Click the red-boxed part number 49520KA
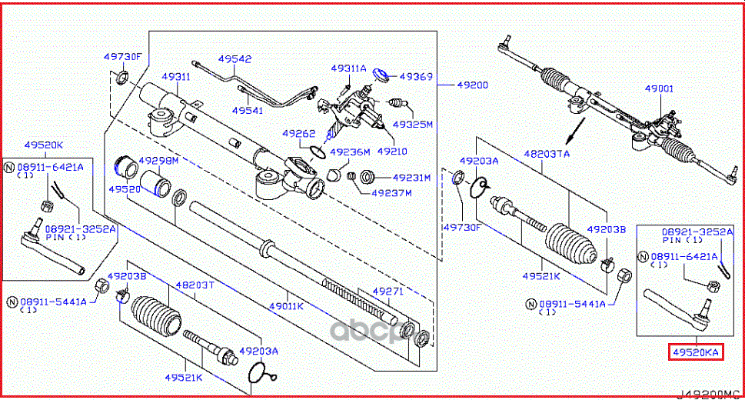coord(695,352)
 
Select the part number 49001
coord(659,89)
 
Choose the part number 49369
coord(417,77)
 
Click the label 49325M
coord(413,123)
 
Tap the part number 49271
coord(388,292)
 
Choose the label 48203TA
coord(547,154)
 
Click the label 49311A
coord(349,68)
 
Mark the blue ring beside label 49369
coord(380,74)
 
